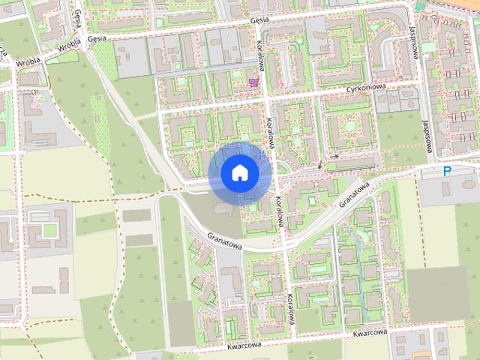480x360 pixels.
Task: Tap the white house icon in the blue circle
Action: (x=239, y=173)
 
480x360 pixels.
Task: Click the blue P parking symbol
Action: (x=447, y=172)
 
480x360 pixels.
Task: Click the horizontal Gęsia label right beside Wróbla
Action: (x=97, y=38)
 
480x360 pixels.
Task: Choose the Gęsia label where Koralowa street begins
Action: (x=259, y=21)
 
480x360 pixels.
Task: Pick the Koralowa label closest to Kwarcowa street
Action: (x=290, y=311)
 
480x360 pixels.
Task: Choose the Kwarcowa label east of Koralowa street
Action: (x=369, y=332)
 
